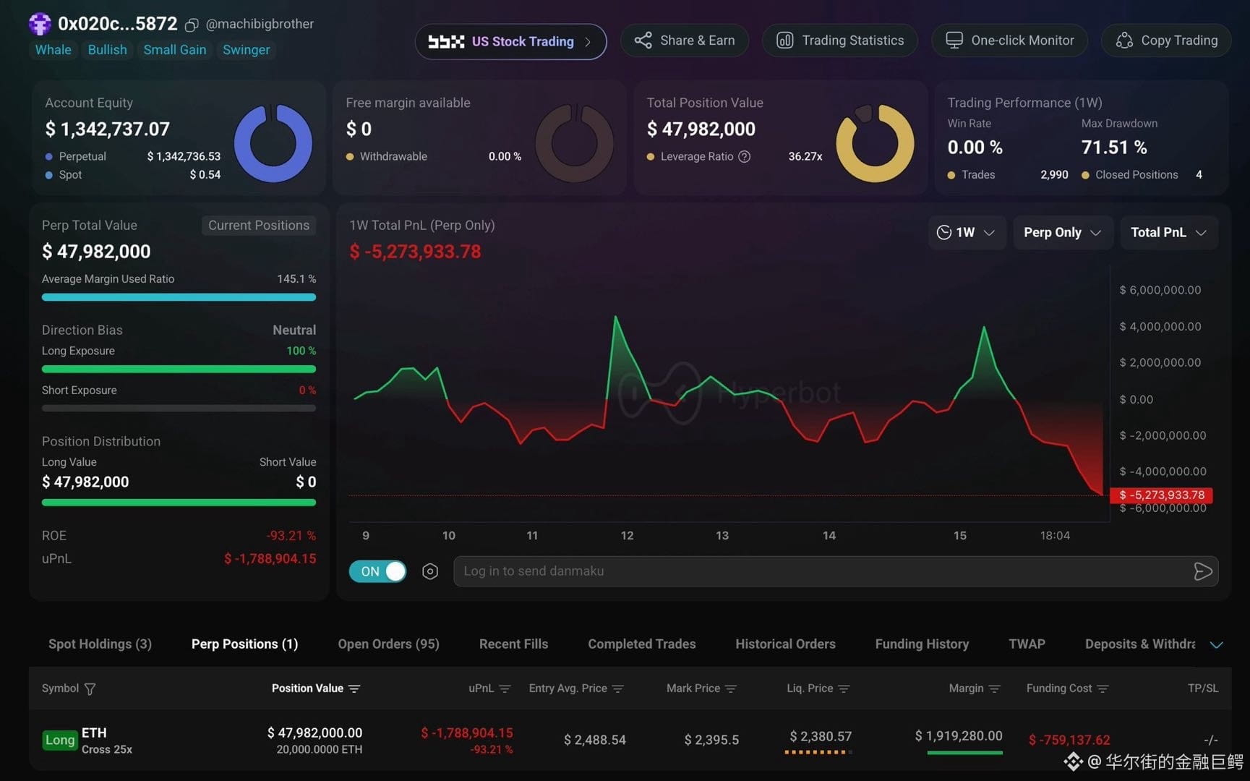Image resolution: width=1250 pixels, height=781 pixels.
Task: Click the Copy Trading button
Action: (1165, 40)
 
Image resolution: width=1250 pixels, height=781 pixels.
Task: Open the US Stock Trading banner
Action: (510, 41)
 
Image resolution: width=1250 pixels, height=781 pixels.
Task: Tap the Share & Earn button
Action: (684, 40)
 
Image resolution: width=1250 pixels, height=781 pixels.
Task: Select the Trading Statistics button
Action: (840, 40)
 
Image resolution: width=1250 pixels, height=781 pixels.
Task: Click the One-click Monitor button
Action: (1009, 40)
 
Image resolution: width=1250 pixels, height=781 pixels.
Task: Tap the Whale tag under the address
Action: (53, 50)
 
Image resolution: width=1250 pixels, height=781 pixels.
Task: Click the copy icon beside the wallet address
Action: (192, 25)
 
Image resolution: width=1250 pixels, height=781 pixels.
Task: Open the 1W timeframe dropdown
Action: (967, 232)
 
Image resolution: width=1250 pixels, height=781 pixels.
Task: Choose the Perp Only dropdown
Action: (1063, 232)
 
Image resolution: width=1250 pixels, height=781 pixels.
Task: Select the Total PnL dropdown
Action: (1169, 232)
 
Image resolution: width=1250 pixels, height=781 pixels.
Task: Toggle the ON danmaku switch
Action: (377, 571)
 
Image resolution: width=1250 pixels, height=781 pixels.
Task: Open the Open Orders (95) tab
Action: (388, 644)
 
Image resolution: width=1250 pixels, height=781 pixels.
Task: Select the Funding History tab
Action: (922, 644)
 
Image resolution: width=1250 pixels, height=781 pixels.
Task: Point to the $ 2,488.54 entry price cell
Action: (595, 740)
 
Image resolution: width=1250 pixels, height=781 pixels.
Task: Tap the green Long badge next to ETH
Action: (60, 740)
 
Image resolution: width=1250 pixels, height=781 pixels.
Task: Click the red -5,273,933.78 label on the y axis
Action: (1162, 495)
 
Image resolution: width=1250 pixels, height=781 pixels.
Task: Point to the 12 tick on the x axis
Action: (627, 536)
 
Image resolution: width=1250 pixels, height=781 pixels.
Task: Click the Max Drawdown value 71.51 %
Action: (1114, 148)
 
